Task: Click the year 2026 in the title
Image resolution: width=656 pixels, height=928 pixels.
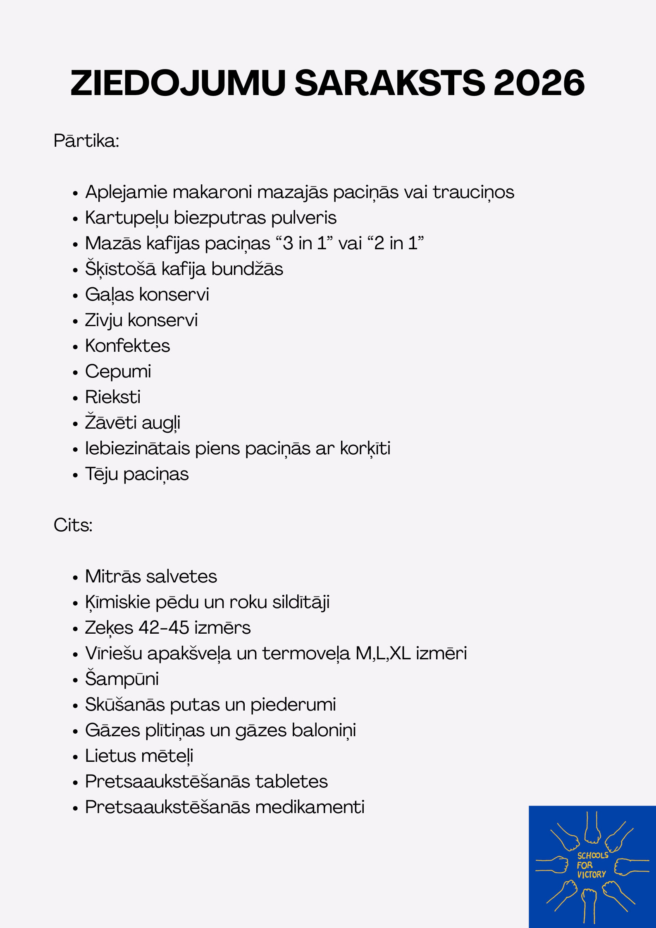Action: coord(539,83)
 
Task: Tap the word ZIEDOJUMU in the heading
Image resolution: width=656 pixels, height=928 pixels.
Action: coord(178,83)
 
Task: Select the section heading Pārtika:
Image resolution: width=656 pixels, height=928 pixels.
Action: coord(86,141)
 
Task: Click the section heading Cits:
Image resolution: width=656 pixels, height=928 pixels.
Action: coord(73,525)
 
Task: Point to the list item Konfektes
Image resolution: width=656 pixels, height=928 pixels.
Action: coord(127,346)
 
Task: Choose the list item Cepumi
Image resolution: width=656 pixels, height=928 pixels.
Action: coord(118,372)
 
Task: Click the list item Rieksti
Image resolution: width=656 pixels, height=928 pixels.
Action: coord(113,397)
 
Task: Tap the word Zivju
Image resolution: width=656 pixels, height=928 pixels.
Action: coord(103,320)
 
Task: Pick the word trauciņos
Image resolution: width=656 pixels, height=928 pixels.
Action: coord(473,192)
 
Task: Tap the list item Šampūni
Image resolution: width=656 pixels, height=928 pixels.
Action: coord(122,679)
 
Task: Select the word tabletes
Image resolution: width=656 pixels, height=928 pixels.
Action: coord(291,782)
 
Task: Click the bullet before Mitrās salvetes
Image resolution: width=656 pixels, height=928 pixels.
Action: coord(75,577)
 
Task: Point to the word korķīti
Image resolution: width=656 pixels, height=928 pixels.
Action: coord(365,448)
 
